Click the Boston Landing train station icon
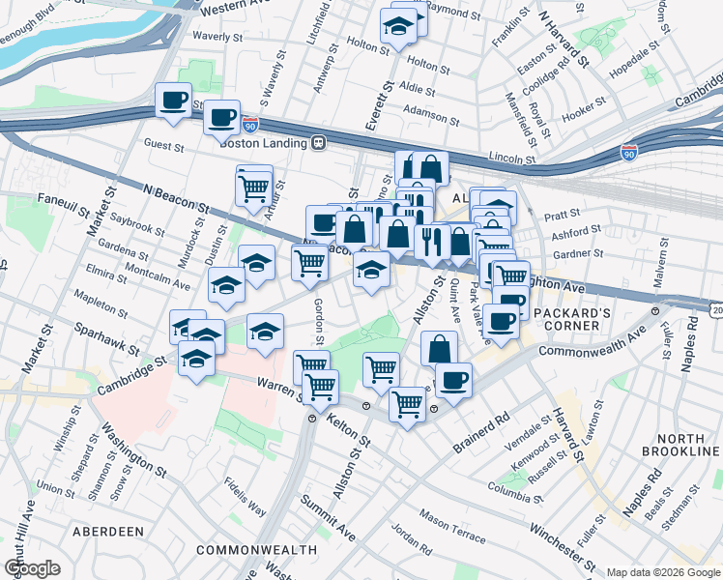tap(317, 143)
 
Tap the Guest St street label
tap(163, 147)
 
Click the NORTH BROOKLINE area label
tap(679, 446)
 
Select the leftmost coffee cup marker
tap(174, 101)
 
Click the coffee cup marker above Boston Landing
tap(222, 118)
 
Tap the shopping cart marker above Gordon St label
tap(309, 262)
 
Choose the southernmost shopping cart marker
tap(408, 403)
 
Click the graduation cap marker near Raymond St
tap(397, 27)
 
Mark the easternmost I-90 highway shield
tap(629, 153)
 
